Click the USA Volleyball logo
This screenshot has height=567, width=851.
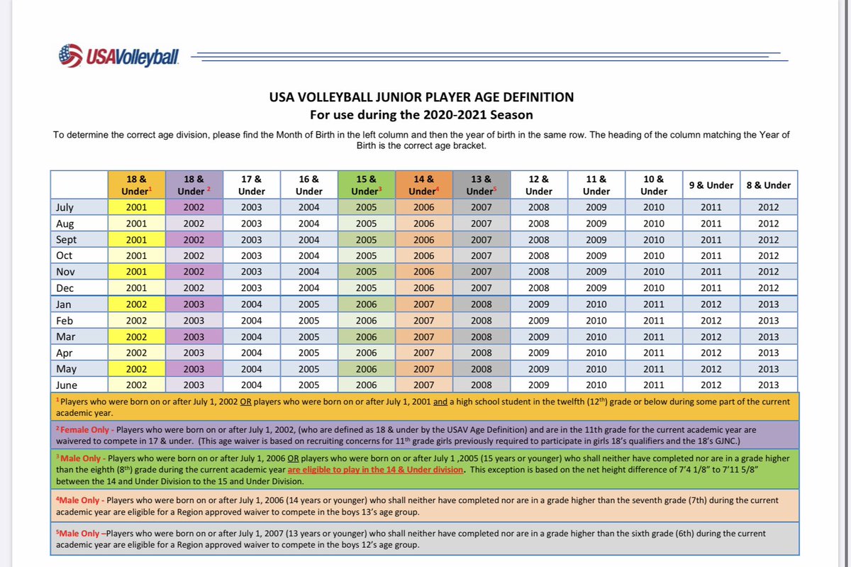(x=118, y=56)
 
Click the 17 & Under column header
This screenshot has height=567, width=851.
(x=252, y=185)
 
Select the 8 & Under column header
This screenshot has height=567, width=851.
(x=768, y=185)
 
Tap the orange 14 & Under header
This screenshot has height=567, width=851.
(x=423, y=185)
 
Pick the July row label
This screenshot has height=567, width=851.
(x=65, y=207)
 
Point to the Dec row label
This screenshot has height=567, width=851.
(x=65, y=288)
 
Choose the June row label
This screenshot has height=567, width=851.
(x=67, y=385)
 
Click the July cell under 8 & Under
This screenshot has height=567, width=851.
(x=768, y=207)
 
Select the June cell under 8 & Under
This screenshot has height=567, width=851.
(x=768, y=385)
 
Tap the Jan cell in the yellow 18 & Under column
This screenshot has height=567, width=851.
(x=136, y=304)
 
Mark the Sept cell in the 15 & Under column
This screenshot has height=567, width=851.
(x=366, y=240)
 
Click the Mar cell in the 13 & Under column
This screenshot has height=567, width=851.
(x=482, y=336)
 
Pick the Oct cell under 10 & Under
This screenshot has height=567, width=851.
(x=653, y=255)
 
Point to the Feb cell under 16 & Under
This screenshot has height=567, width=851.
(x=308, y=321)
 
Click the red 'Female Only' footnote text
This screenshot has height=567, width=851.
(x=84, y=430)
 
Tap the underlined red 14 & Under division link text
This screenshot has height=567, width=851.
(x=375, y=470)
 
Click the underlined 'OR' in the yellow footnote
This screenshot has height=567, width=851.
(x=245, y=402)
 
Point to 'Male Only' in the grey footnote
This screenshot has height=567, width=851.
(x=79, y=533)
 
